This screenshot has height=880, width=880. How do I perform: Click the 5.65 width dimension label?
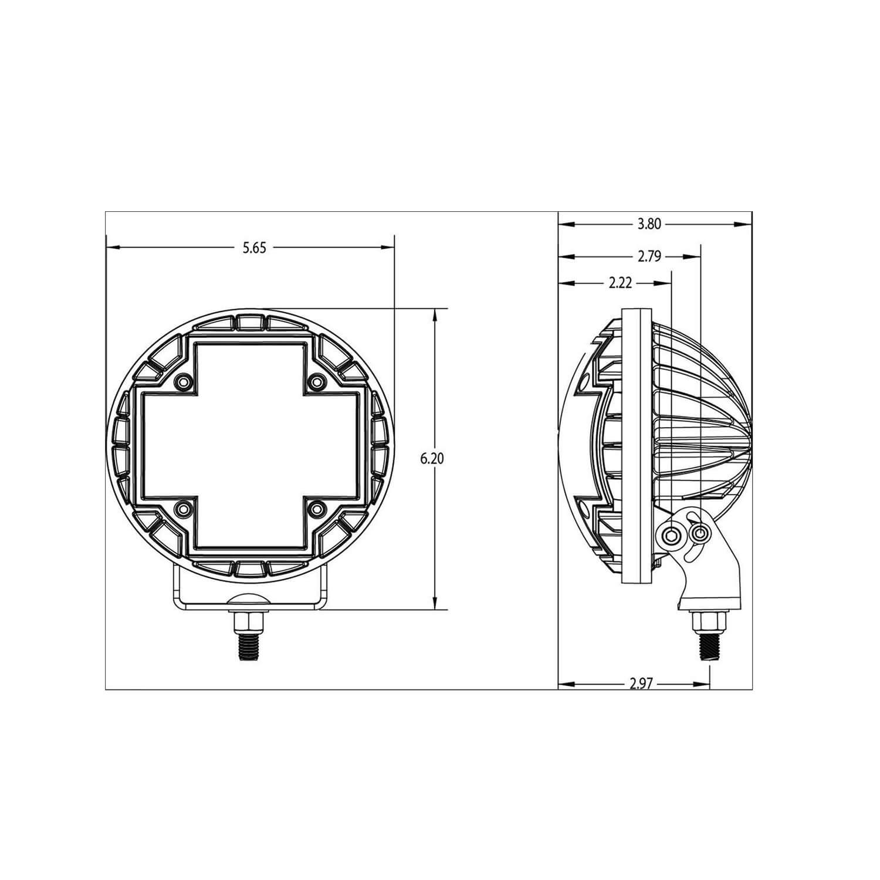(x=255, y=248)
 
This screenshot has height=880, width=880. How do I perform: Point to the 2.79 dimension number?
(x=649, y=256)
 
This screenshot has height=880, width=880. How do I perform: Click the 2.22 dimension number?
(x=620, y=283)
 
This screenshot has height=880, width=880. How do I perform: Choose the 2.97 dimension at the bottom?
(x=641, y=683)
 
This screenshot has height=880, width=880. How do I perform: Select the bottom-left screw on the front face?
(x=184, y=508)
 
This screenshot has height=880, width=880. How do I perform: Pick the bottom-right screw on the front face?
(x=317, y=508)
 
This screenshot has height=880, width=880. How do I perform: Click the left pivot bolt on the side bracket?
(x=672, y=534)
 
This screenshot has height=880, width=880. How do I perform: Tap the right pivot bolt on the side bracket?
(x=699, y=533)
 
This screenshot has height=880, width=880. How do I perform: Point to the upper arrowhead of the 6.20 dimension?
(x=435, y=314)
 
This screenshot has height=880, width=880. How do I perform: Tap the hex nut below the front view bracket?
(x=250, y=621)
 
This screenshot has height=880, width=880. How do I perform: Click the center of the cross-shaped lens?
(x=251, y=445)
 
